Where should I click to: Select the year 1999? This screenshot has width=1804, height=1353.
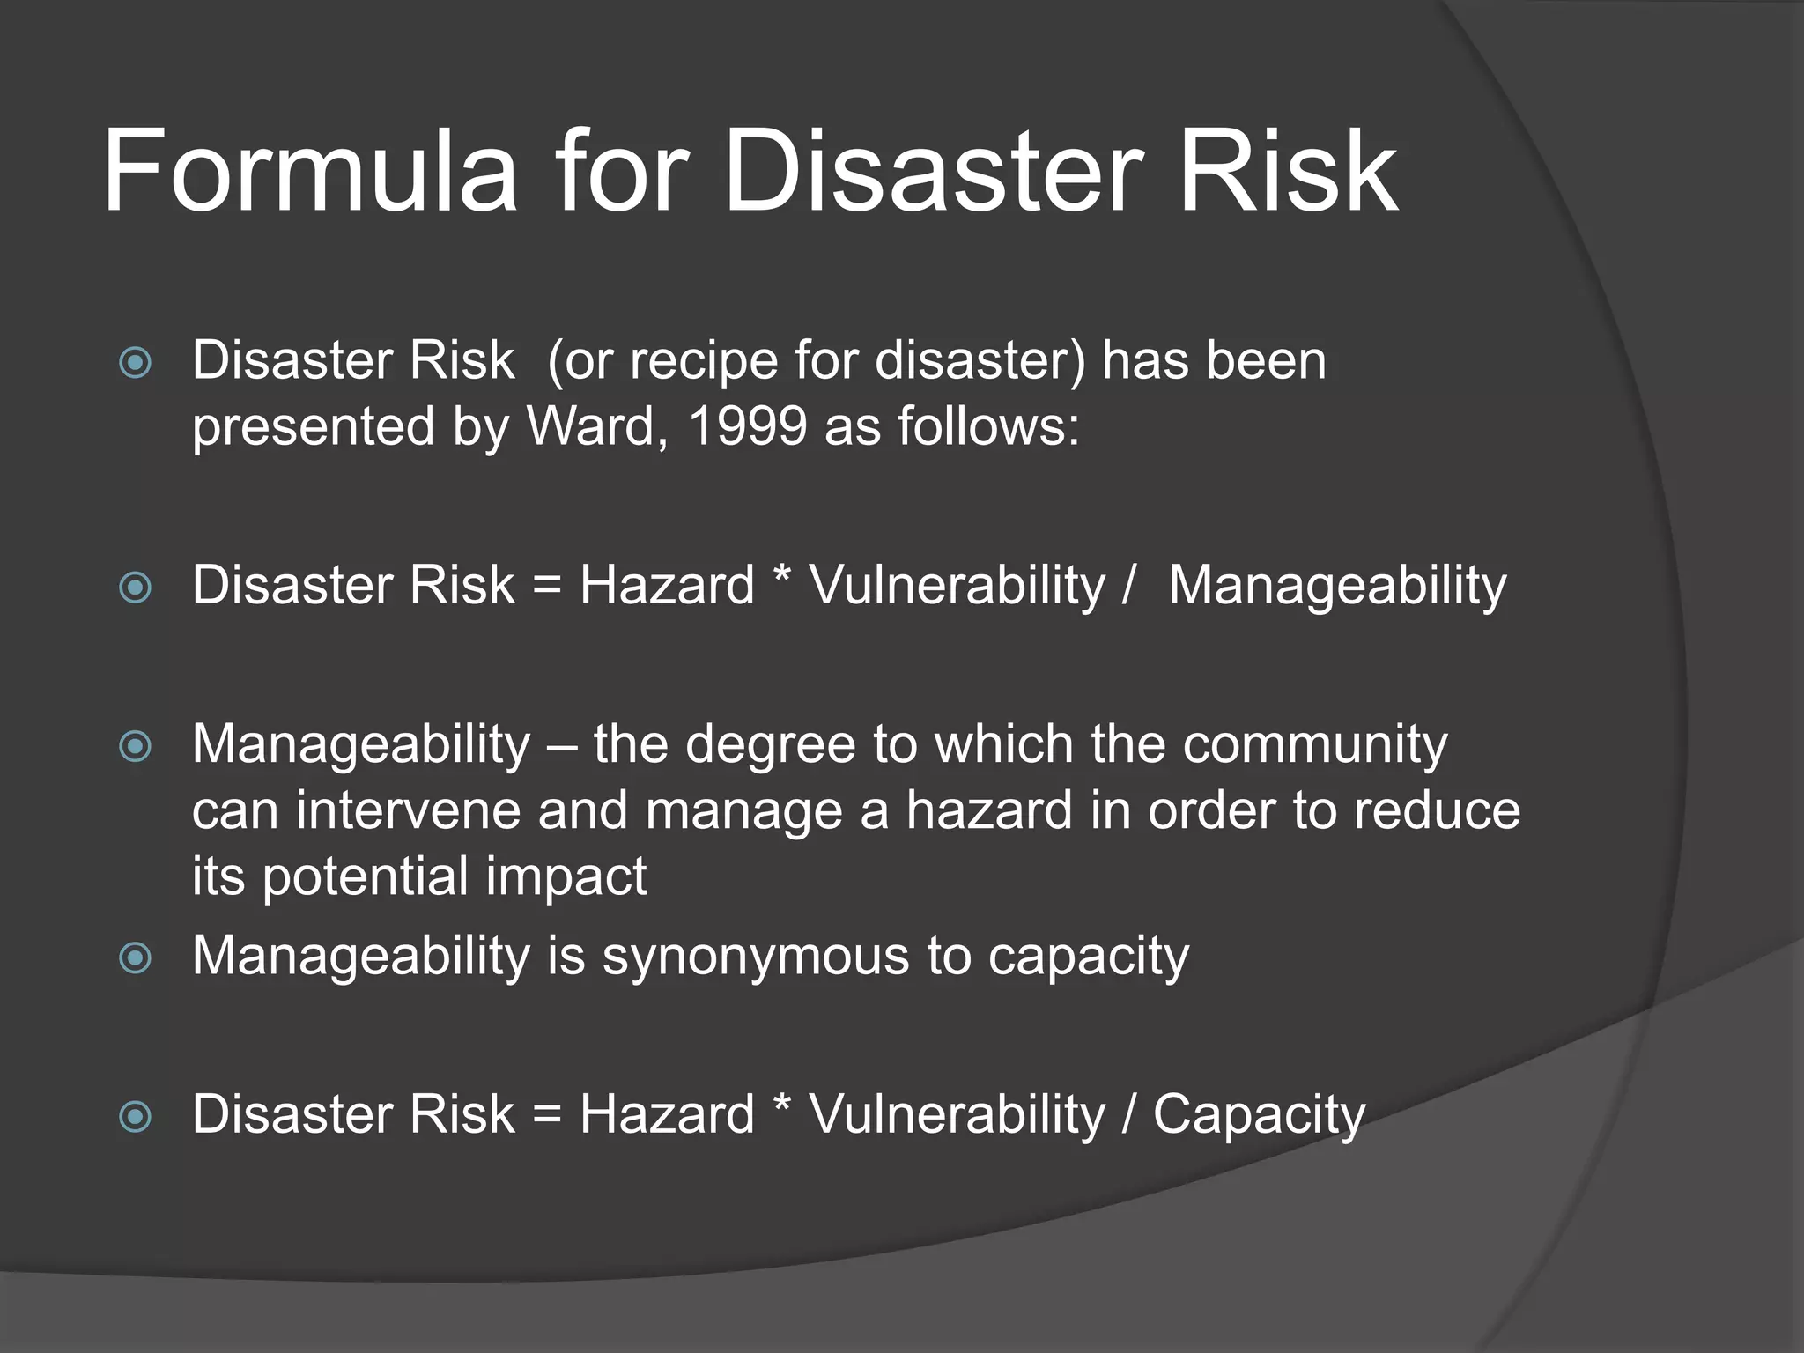[747, 426]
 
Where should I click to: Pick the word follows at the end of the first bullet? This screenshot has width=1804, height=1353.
[987, 426]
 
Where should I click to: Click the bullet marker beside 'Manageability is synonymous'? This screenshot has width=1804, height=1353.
[135, 957]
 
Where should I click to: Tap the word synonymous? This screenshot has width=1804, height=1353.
[755, 957]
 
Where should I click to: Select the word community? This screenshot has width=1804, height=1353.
[1314, 744]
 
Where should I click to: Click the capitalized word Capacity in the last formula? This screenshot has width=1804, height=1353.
[1259, 1115]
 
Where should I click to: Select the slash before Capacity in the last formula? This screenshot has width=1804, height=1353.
[1128, 1115]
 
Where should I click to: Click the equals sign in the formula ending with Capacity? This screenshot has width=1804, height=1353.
[547, 1115]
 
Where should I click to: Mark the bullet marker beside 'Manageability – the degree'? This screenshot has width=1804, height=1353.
[135, 747]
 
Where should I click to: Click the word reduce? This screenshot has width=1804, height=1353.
[1437, 810]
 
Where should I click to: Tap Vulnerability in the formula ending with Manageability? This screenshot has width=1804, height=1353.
[957, 586]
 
